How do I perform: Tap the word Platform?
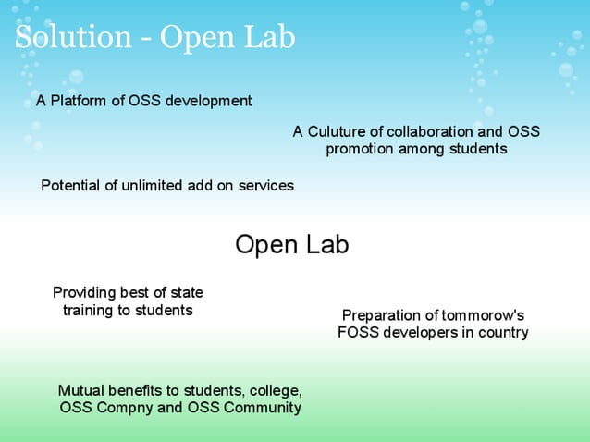[x=80, y=101]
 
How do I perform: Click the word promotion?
[x=360, y=149]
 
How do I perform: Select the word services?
[x=266, y=186]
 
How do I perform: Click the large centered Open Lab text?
[x=292, y=245]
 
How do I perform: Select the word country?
[x=502, y=333]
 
